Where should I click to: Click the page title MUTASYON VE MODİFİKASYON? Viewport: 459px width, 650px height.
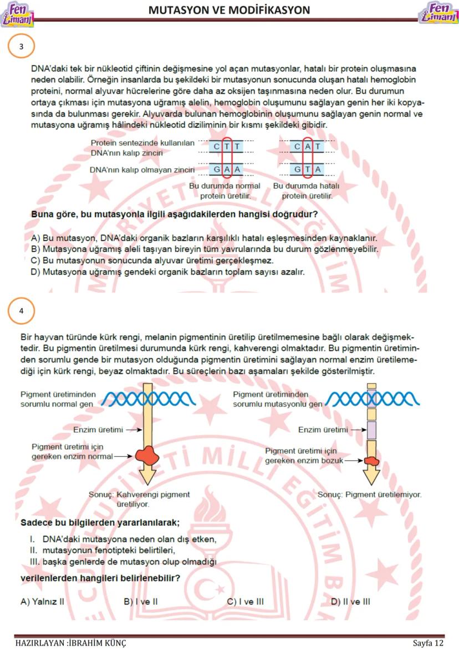tap(229, 10)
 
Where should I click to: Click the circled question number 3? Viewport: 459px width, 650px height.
tap(21, 47)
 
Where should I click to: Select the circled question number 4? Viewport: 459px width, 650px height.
tap(21, 311)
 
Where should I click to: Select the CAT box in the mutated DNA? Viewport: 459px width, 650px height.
tap(308, 147)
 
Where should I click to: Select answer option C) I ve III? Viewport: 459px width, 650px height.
tap(246, 601)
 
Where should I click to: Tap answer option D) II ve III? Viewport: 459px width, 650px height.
tap(350, 601)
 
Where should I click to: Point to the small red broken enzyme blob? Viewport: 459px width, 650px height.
tap(372, 460)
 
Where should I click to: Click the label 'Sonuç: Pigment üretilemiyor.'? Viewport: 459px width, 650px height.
tap(369, 494)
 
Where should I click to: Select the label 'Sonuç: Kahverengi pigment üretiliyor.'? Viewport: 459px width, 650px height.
tap(139, 499)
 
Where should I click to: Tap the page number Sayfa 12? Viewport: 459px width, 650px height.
tap(428, 643)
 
